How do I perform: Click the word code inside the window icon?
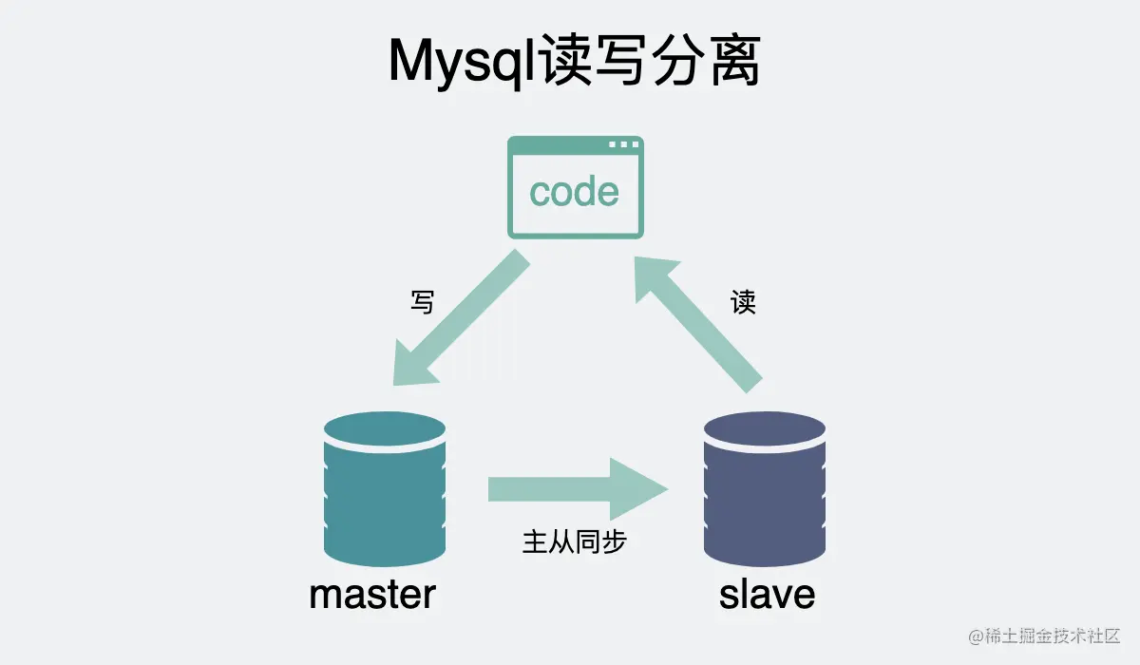pos(575,192)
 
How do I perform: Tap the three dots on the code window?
pos(623,145)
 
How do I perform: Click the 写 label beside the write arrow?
pos(423,302)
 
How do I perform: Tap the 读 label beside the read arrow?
pos(743,303)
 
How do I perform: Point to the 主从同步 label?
pos(574,541)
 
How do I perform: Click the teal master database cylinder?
pos(384,494)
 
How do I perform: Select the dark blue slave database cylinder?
pos(764,494)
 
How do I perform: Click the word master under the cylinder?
pos(372,595)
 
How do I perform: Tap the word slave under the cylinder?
pos(767,595)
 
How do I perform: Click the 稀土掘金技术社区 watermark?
pos(1045,636)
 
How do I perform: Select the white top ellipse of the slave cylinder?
pos(764,427)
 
